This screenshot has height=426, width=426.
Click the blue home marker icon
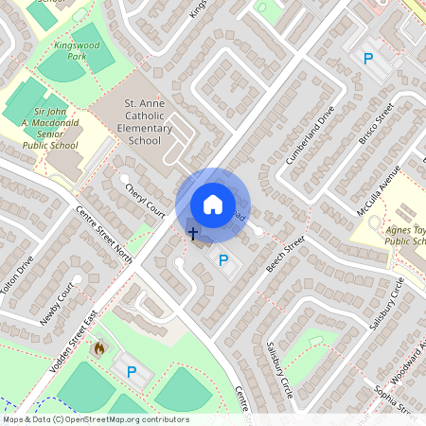tap(213, 204)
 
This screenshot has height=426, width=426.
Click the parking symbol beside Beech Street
tap(223, 260)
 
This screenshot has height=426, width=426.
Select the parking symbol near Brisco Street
tap(367, 59)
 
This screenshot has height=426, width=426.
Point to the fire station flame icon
tap(98, 348)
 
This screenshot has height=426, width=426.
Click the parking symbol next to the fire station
tap(132, 372)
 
